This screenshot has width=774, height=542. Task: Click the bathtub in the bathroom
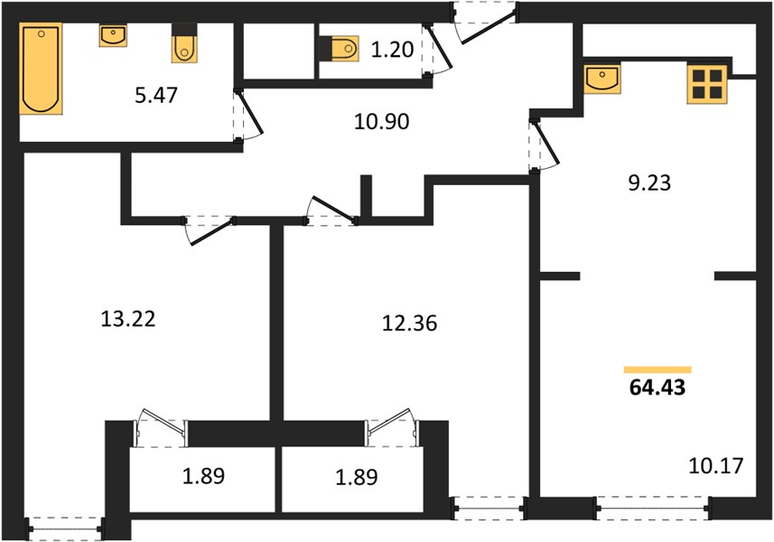tap(41, 69)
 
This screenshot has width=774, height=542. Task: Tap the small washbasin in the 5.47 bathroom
tap(113, 35)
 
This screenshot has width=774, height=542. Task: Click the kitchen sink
tap(602, 79)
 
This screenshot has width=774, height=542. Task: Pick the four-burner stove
tap(707, 84)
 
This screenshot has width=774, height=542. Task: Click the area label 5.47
tap(156, 95)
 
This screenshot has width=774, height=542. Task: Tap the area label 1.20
tap(392, 50)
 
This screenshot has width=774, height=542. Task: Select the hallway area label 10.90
tap(381, 121)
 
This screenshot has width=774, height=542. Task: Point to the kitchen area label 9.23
tap(649, 183)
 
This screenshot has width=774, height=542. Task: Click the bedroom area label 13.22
tap(128, 319)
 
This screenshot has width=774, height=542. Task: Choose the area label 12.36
tap(410, 323)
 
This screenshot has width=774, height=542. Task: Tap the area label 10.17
tap(716, 466)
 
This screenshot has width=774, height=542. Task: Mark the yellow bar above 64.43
tap(657, 369)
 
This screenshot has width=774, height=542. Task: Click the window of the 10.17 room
tap(654, 508)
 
